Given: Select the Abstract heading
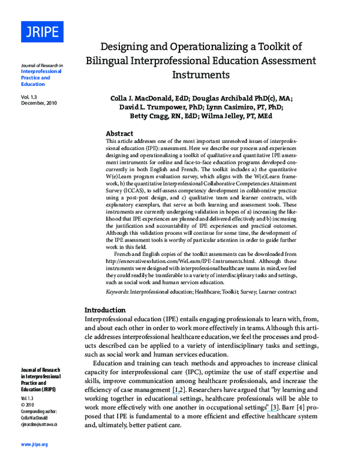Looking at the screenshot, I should click(x=119, y=133).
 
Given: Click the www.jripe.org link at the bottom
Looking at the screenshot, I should click(x=34, y=444).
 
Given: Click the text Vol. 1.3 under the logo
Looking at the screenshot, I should click(x=29, y=96).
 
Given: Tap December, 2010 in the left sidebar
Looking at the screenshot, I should click(x=38, y=103).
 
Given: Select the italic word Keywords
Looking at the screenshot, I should click(x=117, y=291).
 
